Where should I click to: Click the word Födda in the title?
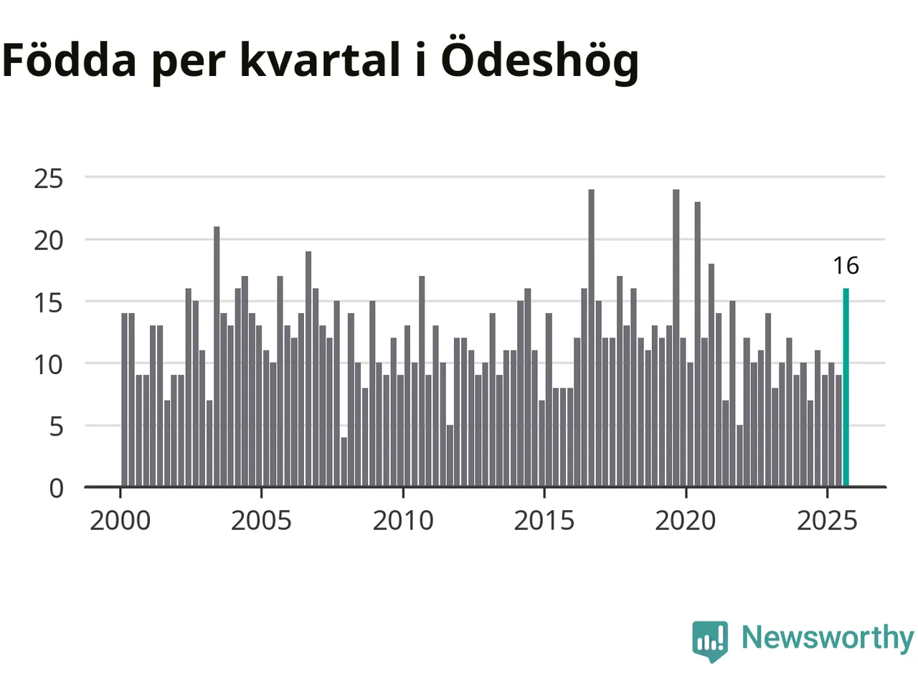point(69,60)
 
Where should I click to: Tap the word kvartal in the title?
point(320,60)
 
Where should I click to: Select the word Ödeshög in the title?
point(539,60)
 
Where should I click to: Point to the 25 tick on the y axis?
point(49,178)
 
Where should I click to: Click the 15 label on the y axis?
point(49,302)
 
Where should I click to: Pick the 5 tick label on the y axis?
point(57,426)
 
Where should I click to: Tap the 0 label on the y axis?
point(57,489)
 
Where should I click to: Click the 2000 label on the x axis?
point(120,520)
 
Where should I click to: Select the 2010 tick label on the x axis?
point(403,520)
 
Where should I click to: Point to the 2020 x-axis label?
point(686,520)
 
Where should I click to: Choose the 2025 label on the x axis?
point(827,520)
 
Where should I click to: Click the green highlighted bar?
point(846,388)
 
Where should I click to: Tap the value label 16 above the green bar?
point(846,266)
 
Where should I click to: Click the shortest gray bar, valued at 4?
point(344,462)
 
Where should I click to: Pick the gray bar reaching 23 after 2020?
point(697,345)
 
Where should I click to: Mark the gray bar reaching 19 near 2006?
point(308,369)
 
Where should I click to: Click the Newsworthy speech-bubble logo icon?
point(710,640)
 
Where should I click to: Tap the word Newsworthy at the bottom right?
point(827,637)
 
